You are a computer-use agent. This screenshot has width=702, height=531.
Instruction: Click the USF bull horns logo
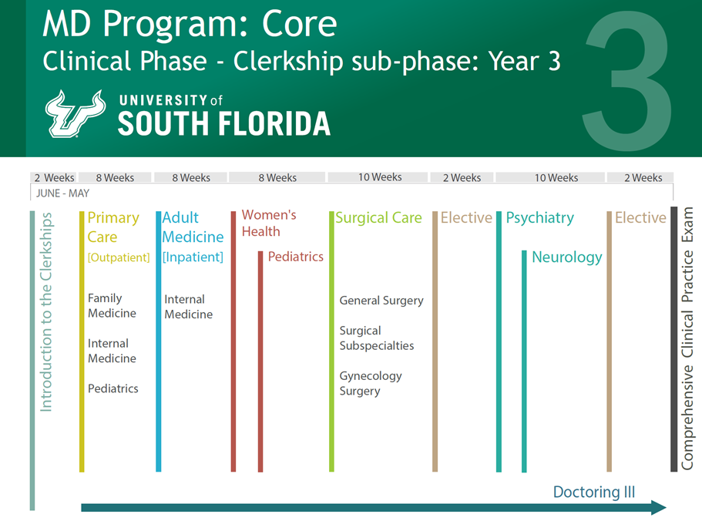76,113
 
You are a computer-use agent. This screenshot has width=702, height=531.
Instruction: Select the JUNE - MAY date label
62,193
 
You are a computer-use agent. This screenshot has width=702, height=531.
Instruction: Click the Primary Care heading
113,227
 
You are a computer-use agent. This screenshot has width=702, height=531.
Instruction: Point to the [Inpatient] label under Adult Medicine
193,257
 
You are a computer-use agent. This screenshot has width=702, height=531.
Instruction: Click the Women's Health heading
268,223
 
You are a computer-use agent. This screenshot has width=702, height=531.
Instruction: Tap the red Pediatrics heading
295,257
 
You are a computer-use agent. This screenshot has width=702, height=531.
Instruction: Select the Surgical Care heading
378,218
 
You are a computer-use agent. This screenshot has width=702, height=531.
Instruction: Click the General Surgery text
381,301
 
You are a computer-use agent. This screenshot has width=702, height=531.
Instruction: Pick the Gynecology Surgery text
371,383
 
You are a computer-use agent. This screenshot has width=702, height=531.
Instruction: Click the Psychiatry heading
539,218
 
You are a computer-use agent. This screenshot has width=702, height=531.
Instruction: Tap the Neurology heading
566,257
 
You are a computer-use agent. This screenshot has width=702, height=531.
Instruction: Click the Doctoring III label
593,492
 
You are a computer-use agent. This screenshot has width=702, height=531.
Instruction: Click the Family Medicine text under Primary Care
112,305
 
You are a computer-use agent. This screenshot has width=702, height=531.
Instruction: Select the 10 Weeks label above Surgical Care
380,177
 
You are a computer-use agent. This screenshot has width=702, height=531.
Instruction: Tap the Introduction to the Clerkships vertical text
46,311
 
